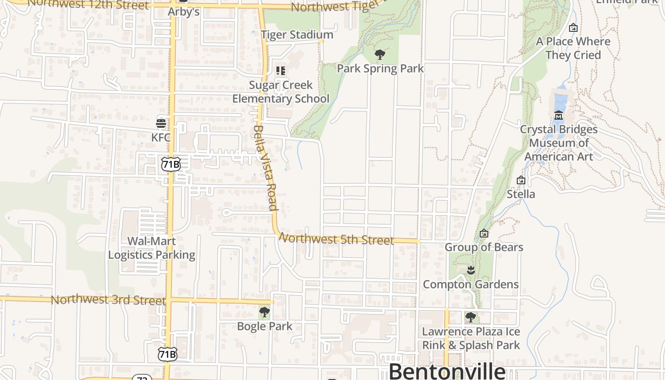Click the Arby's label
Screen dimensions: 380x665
tap(184, 11)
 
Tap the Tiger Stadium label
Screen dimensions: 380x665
tap(297, 35)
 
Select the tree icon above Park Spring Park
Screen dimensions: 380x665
tap(380, 55)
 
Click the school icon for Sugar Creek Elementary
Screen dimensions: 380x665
tap(281, 71)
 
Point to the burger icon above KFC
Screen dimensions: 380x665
tap(161, 123)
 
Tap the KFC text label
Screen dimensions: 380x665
tap(161, 137)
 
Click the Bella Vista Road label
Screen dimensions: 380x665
tap(265, 167)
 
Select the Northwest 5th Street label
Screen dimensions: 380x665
tap(336, 239)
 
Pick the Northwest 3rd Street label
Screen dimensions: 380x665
tap(108, 300)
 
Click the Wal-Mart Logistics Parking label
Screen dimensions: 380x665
tap(152, 248)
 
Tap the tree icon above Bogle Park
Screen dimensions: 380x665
tap(264, 313)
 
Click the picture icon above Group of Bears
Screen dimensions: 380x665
tap(484, 233)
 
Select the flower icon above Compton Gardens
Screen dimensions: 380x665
tap(471, 270)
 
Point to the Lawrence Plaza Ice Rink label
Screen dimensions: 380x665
tap(471, 338)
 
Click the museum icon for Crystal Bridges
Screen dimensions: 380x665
tap(559, 115)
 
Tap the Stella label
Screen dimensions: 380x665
tap(521, 194)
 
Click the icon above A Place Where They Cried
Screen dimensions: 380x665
tap(573, 28)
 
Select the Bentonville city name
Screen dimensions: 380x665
tap(447, 371)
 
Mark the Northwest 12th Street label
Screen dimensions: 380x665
tap(88, 4)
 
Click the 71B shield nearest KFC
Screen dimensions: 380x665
tap(171, 164)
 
